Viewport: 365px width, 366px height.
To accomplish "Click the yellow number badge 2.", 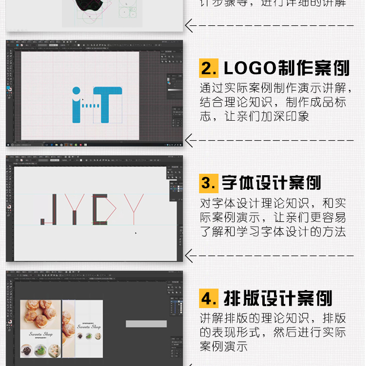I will (x=209, y=69).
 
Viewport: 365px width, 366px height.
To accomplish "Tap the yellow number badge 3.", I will (x=209, y=183).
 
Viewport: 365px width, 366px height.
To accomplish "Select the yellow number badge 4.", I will (x=209, y=298).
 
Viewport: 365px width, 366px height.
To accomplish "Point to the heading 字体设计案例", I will (x=271, y=183).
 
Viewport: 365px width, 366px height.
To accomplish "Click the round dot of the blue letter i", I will (x=76, y=91).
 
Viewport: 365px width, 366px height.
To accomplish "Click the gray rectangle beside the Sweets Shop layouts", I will (x=146, y=324).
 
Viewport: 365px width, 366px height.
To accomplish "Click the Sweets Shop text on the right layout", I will (x=89, y=327).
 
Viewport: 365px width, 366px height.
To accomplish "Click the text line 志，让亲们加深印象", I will (x=254, y=117).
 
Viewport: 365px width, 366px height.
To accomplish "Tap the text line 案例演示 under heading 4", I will (x=223, y=347).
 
